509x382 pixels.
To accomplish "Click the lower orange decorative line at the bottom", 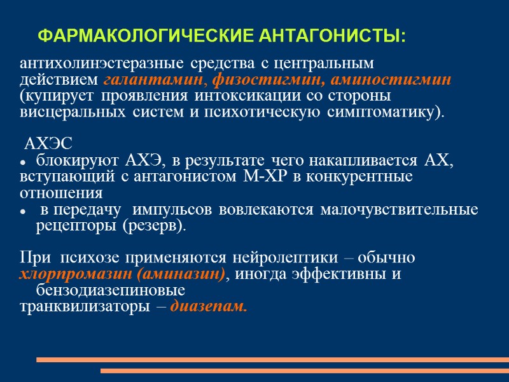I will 304,371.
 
